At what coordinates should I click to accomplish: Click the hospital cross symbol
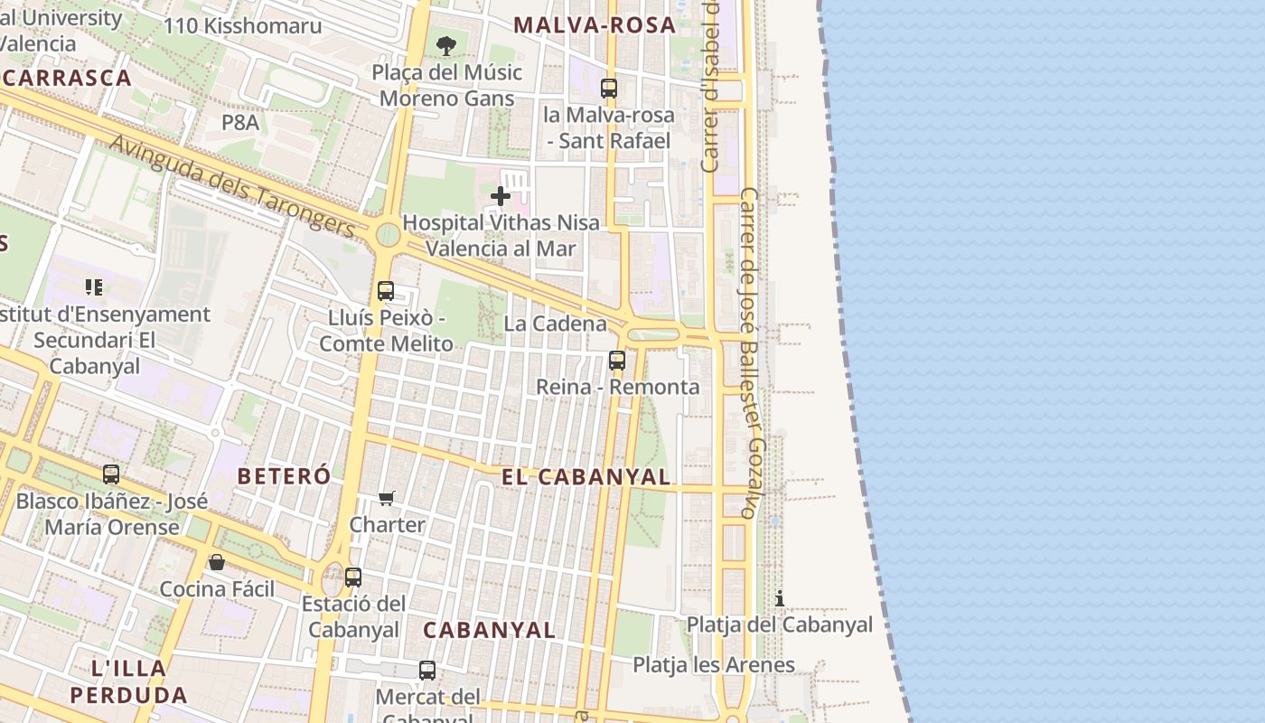pos(500,195)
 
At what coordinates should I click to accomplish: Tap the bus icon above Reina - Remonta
pos(617,360)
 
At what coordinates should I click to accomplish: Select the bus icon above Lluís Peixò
pos(386,291)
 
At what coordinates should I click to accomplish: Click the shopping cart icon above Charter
pos(387,498)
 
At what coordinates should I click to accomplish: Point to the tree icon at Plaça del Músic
pos(445,45)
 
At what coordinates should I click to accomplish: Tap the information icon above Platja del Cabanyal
pos(779,598)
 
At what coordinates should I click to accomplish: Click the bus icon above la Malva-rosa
pos(609,88)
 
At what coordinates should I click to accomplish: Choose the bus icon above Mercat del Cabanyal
pos(427,671)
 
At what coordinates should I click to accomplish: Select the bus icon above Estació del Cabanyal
pos(353,577)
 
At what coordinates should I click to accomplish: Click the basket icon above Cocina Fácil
pos(217,562)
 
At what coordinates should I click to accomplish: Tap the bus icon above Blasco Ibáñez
pos(111,474)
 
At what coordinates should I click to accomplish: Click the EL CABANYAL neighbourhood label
pos(586,477)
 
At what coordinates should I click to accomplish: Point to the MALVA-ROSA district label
pos(595,25)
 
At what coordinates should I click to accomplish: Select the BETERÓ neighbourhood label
pos(284,475)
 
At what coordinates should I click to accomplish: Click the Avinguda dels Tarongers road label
pos(232,186)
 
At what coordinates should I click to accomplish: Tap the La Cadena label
pos(555,324)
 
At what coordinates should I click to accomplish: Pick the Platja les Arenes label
pos(714,665)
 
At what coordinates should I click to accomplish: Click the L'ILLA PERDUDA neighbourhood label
pos(128,681)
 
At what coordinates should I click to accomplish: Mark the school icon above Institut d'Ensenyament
pos(94,287)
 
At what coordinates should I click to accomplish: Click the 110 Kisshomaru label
pos(242,25)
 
